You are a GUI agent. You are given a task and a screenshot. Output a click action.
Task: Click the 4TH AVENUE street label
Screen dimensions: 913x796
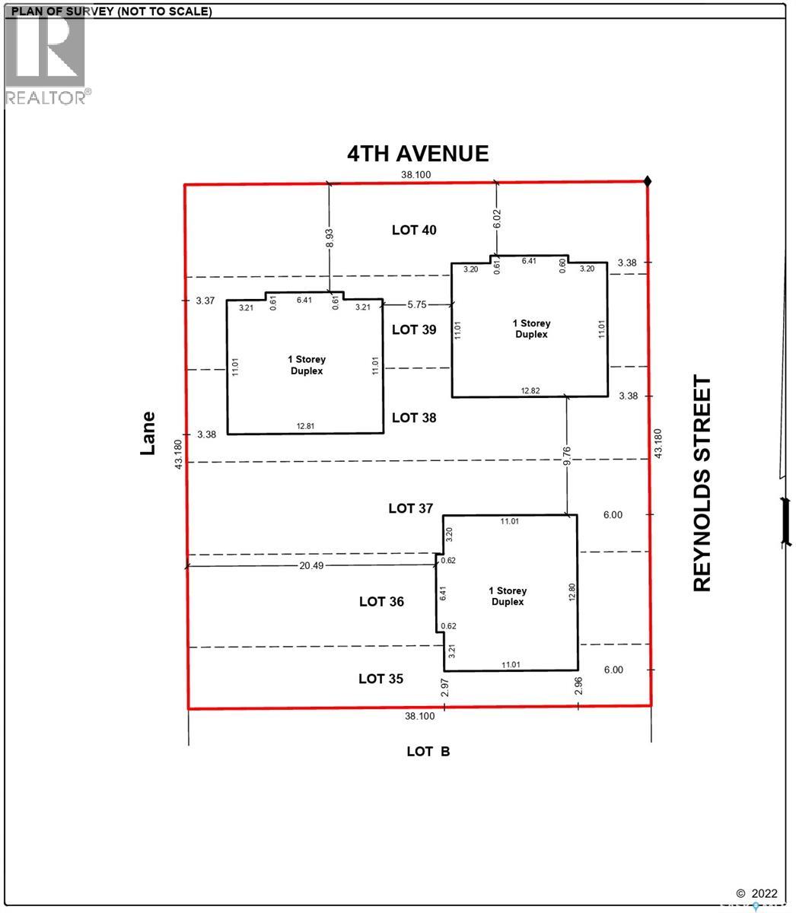tap(418, 154)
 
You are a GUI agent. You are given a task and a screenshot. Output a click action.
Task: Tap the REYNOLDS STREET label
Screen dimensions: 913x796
tap(702, 483)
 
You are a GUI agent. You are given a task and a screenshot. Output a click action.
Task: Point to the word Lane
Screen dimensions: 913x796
tap(148, 433)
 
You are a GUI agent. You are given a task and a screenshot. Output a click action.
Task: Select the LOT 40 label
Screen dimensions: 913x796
tap(414, 230)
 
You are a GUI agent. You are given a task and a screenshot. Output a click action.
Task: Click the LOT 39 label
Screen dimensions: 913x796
tap(414, 329)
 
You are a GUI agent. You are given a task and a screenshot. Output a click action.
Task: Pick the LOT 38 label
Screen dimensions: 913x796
tap(414, 418)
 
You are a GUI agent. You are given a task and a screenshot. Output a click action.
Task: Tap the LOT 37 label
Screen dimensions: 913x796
tap(411, 508)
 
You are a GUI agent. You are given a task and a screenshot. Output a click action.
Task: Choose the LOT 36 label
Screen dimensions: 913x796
tap(381, 602)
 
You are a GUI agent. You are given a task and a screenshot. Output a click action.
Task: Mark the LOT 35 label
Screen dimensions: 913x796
tap(381, 679)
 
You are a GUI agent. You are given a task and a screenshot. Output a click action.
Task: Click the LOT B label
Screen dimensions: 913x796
tap(428, 752)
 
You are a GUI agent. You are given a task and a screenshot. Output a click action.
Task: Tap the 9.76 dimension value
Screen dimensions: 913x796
tap(568, 455)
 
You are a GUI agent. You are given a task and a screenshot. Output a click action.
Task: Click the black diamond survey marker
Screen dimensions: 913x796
tap(648, 181)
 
